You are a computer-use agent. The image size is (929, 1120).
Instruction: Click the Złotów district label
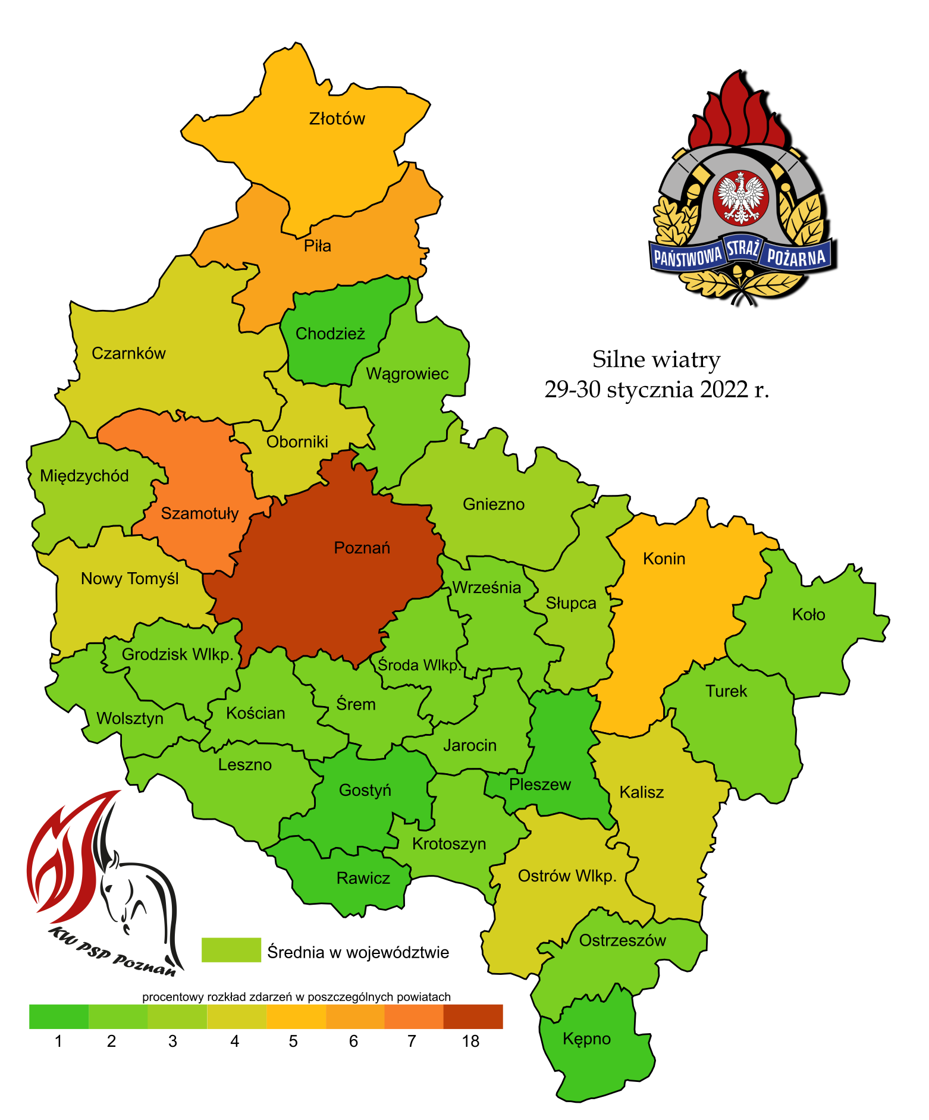337,119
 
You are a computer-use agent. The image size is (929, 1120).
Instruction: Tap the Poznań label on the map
362,548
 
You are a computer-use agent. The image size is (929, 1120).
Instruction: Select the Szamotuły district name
200,513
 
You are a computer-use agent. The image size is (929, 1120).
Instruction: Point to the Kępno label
586,1039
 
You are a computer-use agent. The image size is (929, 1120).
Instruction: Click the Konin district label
664,559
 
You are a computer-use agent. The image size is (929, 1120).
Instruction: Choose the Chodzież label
330,334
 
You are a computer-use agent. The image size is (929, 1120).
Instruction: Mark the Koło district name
808,614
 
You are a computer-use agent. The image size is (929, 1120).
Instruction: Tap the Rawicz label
363,879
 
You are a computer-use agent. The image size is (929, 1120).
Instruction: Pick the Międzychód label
84,476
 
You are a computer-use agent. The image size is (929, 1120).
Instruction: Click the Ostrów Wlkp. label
567,876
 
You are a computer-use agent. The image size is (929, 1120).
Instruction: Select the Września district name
487,588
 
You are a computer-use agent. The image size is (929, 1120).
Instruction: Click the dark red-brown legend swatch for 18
473,1017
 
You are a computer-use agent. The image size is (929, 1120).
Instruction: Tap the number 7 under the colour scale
412,1041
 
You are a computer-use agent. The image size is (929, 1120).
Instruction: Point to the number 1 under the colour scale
58,1041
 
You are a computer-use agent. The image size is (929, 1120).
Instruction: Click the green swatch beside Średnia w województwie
231,950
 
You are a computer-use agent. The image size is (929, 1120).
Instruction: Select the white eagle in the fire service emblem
740,197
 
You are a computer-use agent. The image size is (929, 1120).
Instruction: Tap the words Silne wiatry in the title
656,360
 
